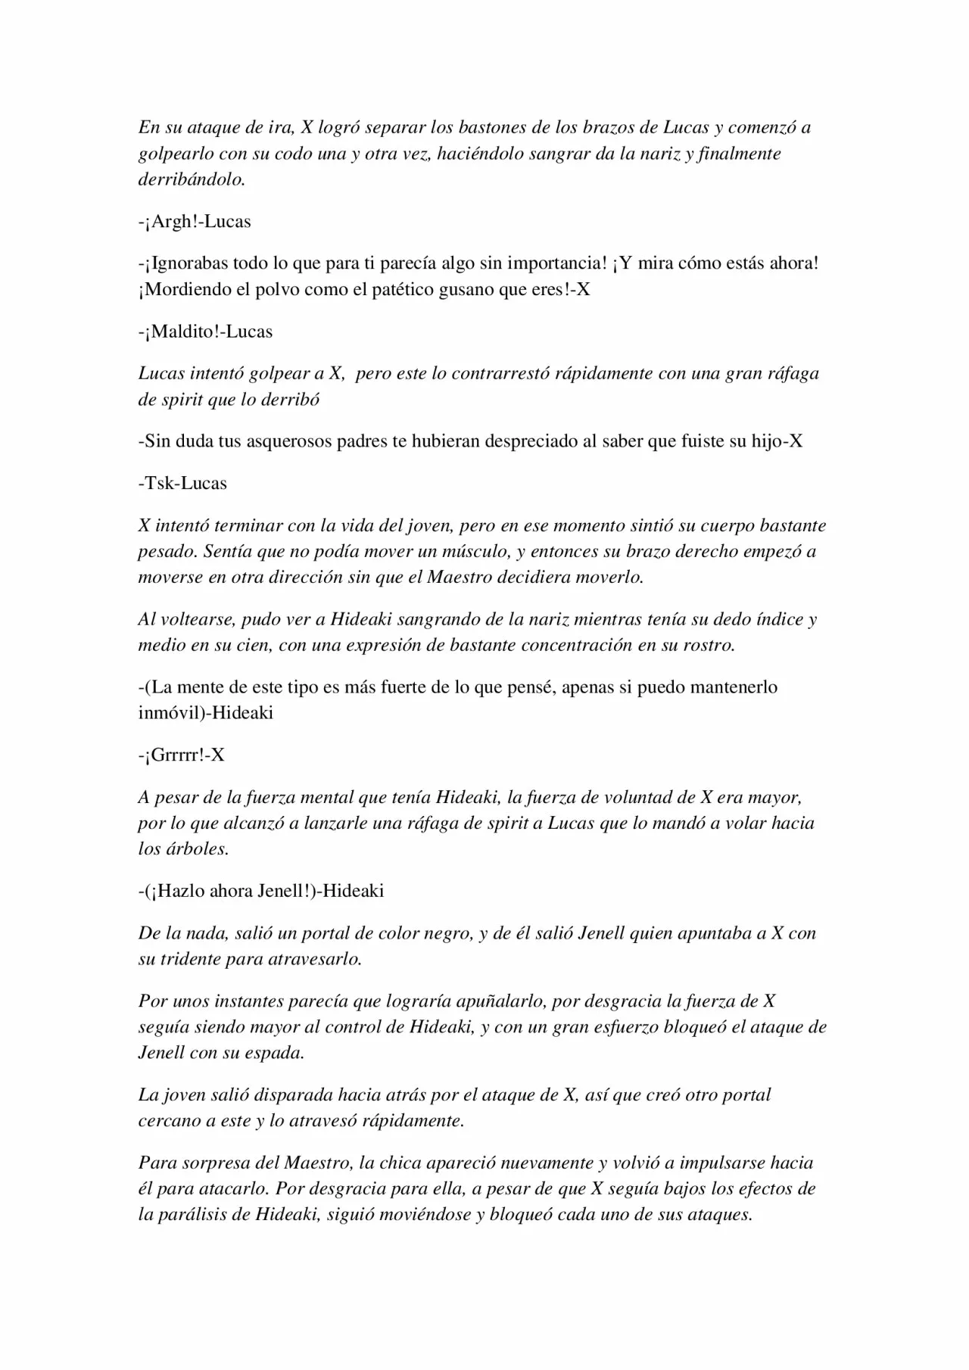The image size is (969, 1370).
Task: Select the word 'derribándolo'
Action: coord(191,179)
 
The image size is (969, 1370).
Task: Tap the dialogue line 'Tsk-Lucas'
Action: coord(182,483)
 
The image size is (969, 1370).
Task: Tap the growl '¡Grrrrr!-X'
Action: coord(182,755)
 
